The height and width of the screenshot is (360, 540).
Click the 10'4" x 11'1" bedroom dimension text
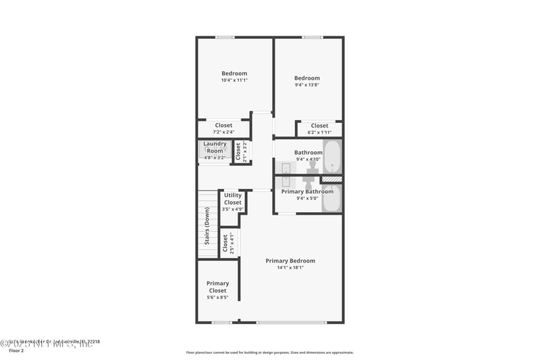pyautogui.click(x=234, y=80)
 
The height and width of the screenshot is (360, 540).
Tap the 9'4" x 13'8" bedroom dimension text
pyautogui.click(x=306, y=84)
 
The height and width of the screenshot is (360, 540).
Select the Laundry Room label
pyautogui.click(x=215, y=147)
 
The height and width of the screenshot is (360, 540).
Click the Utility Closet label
pyautogui.click(x=232, y=199)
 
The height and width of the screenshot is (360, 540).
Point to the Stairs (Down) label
pyautogui.click(x=207, y=228)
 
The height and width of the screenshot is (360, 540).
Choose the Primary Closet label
pyautogui.click(x=217, y=287)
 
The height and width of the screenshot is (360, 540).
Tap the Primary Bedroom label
pyautogui.click(x=290, y=261)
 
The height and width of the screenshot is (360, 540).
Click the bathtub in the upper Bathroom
pyautogui.click(x=332, y=156)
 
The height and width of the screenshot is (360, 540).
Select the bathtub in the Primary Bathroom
pyautogui.click(x=332, y=198)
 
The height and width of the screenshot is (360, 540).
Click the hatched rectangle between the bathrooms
pyautogui.click(x=331, y=179)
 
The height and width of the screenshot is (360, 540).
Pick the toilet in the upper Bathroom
pyautogui.click(x=313, y=165)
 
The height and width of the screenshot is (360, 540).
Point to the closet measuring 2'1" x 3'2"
pyautogui.click(x=238, y=151)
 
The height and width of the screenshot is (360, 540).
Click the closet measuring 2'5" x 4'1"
pyautogui.click(x=225, y=244)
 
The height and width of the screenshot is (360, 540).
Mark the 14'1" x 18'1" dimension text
pyautogui.click(x=290, y=267)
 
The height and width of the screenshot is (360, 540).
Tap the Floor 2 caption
pyautogui.click(x=16, y=351)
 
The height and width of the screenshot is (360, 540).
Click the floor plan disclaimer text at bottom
pyautogui.click(x=269, y=352)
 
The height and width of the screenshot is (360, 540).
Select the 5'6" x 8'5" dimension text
pyautogui.click(x=217, y=297)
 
